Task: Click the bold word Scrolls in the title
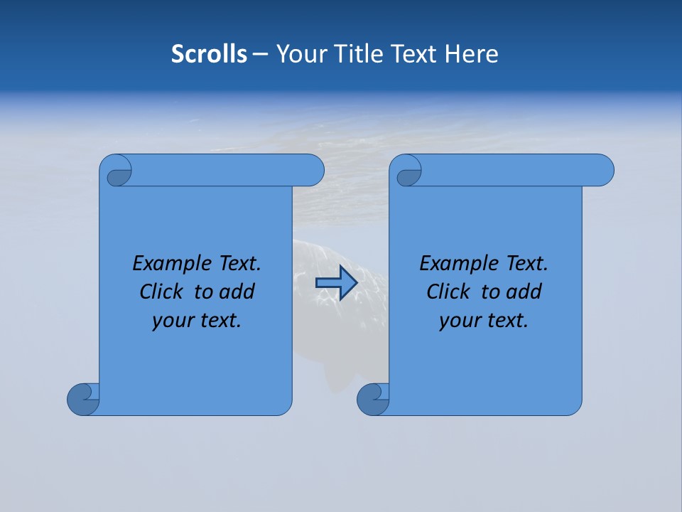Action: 209,54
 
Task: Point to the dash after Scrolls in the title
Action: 261,55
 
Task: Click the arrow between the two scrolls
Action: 336,283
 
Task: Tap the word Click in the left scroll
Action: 161,292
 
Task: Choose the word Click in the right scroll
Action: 448,292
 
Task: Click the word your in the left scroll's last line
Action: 171,321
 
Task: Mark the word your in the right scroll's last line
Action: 458,321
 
